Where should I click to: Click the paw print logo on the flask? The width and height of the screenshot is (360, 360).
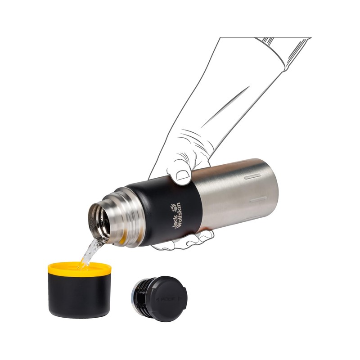click(x=174, y=208)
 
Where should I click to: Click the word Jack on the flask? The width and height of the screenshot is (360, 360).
click(x=175, y=222)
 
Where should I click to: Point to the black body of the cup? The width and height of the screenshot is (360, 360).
click(x=79, y=295)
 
